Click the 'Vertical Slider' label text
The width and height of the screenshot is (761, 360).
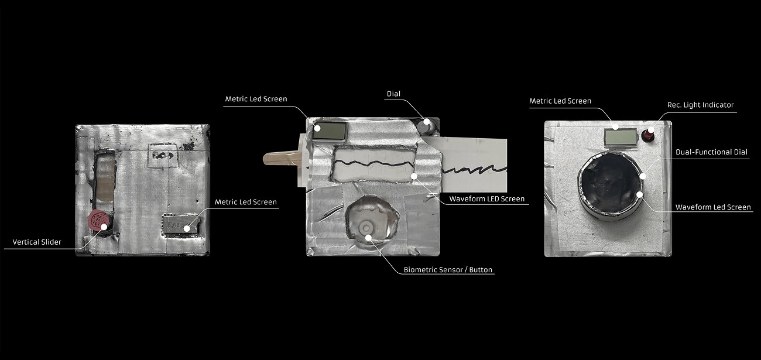[37, 242]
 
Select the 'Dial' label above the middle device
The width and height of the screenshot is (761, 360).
[393, 94]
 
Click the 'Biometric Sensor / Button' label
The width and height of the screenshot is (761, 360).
[448, 270]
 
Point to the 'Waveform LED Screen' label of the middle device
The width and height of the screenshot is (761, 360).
[487, 198]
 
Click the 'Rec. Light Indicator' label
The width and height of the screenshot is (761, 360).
[700, 105]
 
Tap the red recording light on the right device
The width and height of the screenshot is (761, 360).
[647, 135]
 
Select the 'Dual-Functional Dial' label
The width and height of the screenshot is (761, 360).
[711, 152]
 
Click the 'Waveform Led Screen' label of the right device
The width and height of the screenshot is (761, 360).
[713, 207]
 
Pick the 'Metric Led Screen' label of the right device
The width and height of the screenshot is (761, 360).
[560, 101]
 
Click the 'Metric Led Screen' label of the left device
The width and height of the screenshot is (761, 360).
[246, 202]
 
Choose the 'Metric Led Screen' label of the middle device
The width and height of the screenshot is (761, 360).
[256, 99]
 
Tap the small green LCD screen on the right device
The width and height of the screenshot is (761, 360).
[621, 138]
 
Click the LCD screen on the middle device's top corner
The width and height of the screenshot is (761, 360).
[329, 131]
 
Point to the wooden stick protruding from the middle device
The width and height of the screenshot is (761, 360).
[282, 158]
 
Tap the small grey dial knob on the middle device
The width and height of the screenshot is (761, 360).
[425, 126]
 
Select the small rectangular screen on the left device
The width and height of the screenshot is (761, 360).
[180, 224]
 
